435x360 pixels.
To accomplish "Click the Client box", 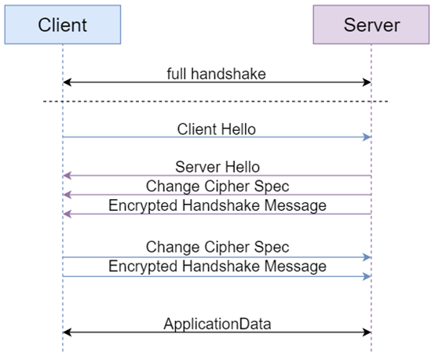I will tap(63, 24).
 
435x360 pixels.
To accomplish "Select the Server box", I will tap(371, 24).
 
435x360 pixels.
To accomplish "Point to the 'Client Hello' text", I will tap(217, 129).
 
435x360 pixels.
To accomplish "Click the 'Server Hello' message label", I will tap(217, 167).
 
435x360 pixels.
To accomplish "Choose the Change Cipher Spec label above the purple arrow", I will tap(217, 186).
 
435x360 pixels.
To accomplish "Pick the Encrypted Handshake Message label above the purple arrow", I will tap(217, 205).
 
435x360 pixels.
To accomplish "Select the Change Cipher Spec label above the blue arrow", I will tap(217, 247).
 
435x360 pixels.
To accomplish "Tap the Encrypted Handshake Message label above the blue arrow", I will tap(217, 266).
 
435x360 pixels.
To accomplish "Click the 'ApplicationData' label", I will tap(217, 323).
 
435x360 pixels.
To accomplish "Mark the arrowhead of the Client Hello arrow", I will tap(367, 137).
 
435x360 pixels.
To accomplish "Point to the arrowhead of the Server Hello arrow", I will tap(68, 176).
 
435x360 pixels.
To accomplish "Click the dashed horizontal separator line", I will tap(217, 101).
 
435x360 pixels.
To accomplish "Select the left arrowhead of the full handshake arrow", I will tap(68, 82).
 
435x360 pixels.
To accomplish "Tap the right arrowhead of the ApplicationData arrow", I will tap(367, 333).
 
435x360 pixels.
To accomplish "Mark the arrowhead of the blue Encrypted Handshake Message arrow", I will tap(367, 276).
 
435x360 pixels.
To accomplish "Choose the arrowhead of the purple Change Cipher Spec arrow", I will tap(68, 195).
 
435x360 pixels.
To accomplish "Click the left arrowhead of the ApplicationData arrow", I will tap(68, 333).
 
